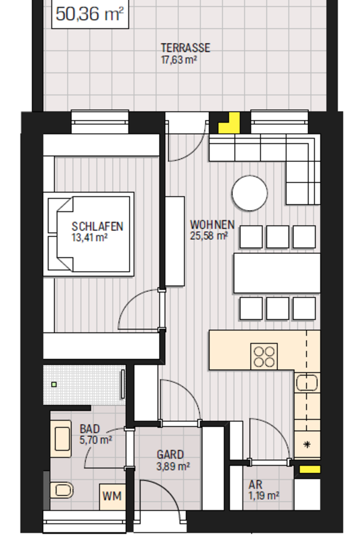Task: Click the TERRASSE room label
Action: [x=185, y=48]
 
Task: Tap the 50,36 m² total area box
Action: [x=90, y=14]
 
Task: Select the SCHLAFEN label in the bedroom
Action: [x=97, y=226]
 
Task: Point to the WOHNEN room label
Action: [x=212, y=225]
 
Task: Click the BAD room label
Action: [x=90, y=429]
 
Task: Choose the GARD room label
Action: [x=170, y=455]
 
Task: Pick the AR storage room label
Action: [x=255, y=485]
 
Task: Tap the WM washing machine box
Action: [x=112, y=497]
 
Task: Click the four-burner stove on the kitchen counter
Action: [x=264, y=356]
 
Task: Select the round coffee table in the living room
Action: [x=250, y=193]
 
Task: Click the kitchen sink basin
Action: [x=307, y=383]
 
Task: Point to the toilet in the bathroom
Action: [x=61, y=490]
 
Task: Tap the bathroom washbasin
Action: [x=61, y=439]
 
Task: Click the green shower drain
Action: [x=54, y=385]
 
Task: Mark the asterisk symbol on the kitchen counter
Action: [x=307, y=445]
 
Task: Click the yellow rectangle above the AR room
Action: [x=310, y=469]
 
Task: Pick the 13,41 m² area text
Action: [x=89, y=237]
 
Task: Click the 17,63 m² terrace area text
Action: [x=179, y=59]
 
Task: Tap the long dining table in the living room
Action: [x=277, y=273]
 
